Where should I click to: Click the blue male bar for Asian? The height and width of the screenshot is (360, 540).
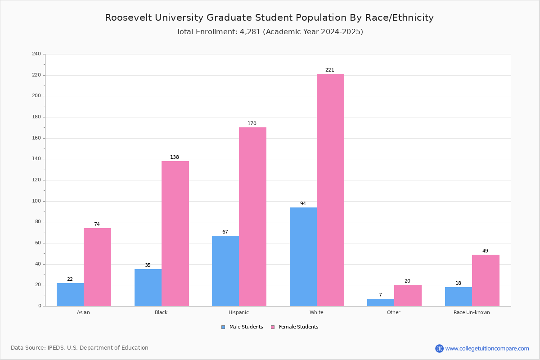click(x=70, y=294)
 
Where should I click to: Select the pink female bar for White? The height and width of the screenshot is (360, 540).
click(x=330, y=190)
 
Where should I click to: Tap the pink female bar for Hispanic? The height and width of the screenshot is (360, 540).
click(x=252, y=216)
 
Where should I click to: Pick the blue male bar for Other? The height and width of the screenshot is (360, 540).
click(x=381, y=302)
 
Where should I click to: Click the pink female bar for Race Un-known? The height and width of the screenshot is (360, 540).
click(x=486, y=280)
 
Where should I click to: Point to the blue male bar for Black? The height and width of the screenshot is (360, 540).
click(x=148, y=288)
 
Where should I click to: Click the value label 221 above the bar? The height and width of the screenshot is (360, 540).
click(x=329, y=70)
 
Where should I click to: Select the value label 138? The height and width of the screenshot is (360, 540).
click(x=174, y=157)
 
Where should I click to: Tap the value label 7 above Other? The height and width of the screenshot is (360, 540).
click(x=380, y=295)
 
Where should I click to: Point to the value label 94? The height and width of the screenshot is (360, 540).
click(x=303, y=203)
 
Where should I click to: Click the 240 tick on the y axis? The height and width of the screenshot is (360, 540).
click(x=36, y=54)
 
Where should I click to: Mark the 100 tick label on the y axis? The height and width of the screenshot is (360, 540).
click(x=36, y=201)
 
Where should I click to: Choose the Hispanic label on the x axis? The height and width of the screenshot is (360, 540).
click(x=238, y=312)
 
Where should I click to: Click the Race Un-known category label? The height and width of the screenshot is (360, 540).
click(x=472, y=312)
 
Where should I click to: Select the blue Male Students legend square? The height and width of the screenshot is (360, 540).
click(x=223, y=327)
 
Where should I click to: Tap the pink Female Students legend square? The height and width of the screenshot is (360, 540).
click(x=273, y=327)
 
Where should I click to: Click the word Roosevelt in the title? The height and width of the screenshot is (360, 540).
click(x=128, y=18)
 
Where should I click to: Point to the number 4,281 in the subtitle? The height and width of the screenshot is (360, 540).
click(x=250, y=32)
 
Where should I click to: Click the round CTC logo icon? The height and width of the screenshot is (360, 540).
click(x=439, y=348)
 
